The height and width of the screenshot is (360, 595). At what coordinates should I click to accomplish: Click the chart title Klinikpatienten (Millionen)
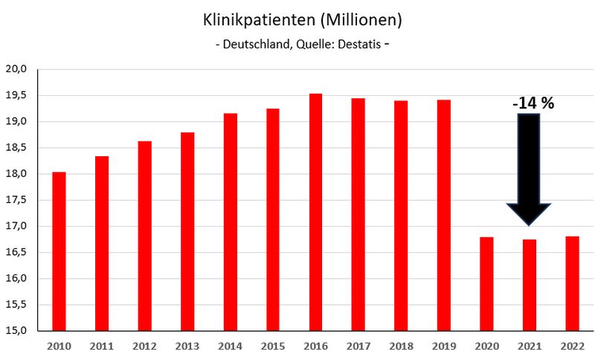point(297,18)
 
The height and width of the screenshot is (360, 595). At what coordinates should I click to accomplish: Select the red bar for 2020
point(486,283)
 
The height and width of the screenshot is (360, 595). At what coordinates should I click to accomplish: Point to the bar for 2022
point(572,283)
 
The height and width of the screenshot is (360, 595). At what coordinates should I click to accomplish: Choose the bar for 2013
point(187,231)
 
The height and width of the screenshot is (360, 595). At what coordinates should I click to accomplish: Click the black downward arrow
point(529,167)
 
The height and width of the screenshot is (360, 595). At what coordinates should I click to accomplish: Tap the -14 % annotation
point(533,103)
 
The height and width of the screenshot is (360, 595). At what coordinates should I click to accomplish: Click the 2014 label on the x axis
point(230,346)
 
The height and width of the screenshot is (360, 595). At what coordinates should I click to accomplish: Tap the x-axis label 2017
point(358,346)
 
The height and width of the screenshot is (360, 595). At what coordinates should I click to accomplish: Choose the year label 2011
point(101,346)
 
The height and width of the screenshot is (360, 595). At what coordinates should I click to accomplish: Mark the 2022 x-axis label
point(572,346)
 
